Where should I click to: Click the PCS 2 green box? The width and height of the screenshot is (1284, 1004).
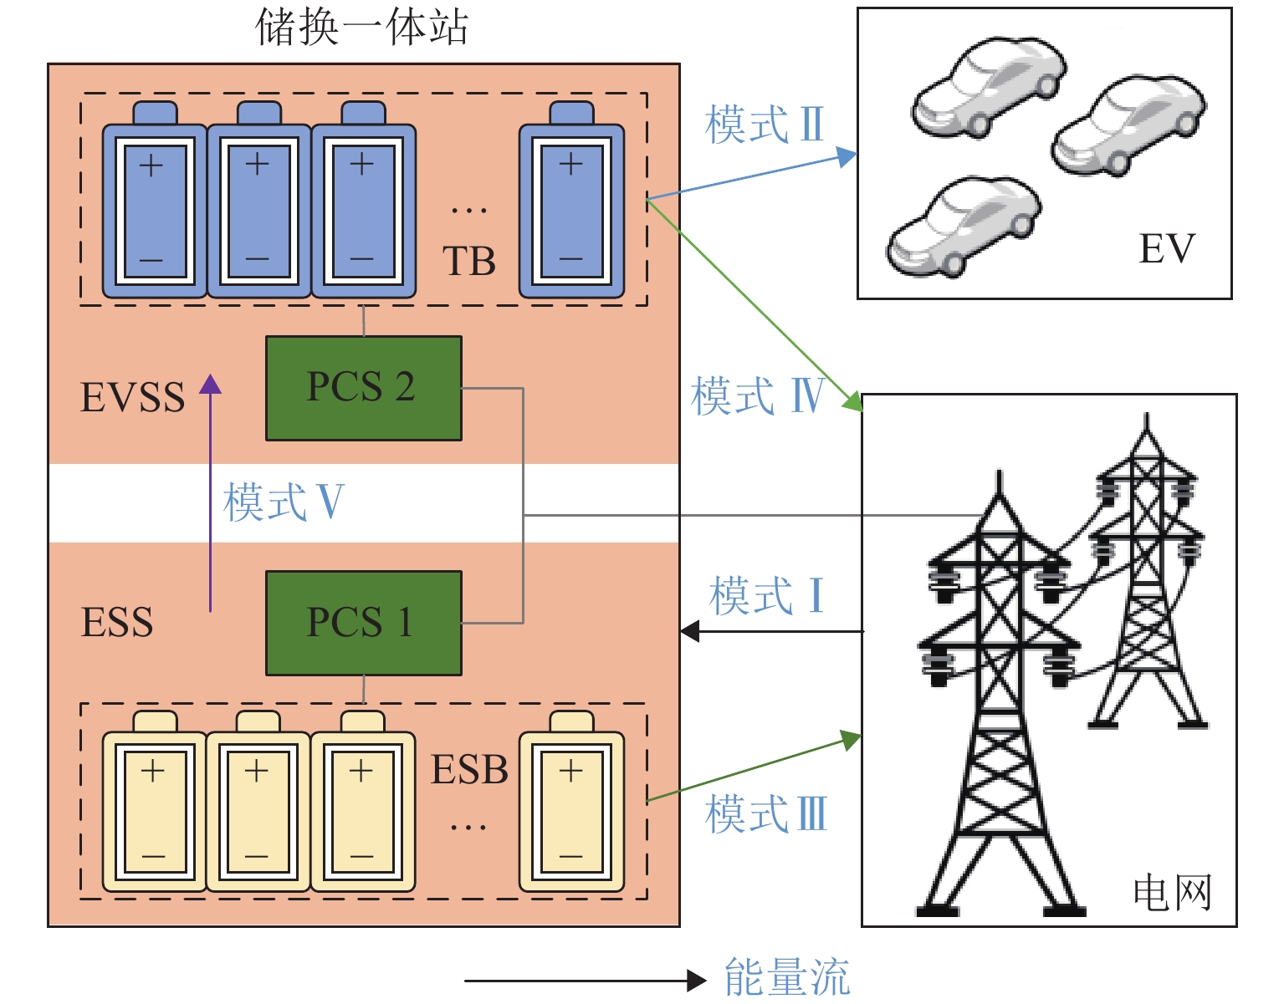[363, 388]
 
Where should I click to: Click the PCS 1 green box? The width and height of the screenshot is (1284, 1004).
[363, 623]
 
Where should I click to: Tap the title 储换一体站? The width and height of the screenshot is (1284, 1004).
[361, 27]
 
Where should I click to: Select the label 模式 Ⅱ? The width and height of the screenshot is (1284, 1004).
[765, 125]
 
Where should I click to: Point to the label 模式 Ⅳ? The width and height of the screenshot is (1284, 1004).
[758, 395]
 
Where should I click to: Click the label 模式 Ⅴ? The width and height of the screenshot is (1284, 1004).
[284, 502]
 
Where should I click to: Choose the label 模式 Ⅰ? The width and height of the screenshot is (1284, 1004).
[766, 596]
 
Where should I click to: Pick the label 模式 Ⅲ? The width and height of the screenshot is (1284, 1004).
[766, 814]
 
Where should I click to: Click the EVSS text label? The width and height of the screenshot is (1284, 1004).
[132, 398]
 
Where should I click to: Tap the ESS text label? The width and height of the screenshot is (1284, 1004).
[117, 623]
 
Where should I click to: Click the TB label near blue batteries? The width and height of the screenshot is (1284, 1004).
[468, 262]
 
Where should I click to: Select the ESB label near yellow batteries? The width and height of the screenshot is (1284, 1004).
[469, 770]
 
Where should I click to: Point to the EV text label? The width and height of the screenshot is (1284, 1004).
[1166, 248]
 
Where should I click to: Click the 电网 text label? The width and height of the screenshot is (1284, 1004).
[1172, 893]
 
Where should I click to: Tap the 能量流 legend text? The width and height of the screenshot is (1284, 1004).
[786, 978]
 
